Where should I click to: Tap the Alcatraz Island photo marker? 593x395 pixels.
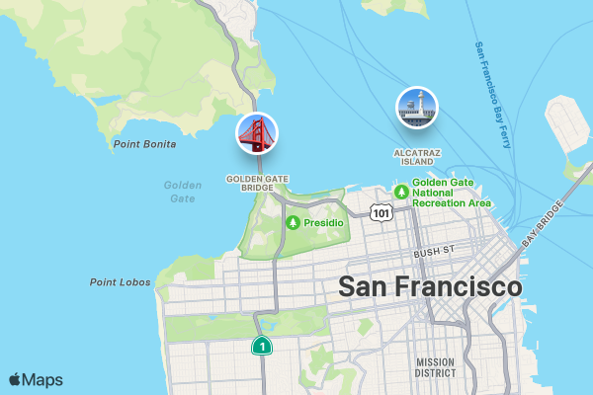416,108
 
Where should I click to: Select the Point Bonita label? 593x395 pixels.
144,144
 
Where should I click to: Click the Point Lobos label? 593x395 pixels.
121,282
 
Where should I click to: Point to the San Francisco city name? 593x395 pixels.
430,287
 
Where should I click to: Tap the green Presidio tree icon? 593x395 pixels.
293,223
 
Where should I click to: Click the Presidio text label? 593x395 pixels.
323,223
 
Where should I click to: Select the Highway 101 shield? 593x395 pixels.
381,212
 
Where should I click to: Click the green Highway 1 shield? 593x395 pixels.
261,346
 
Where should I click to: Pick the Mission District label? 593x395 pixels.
435,367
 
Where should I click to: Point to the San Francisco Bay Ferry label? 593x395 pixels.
491,95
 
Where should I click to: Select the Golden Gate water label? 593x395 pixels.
182,192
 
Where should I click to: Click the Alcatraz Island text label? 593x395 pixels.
417,157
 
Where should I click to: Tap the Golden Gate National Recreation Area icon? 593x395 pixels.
401,192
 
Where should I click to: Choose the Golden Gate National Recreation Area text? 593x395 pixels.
452,193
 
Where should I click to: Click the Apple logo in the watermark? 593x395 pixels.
15,379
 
